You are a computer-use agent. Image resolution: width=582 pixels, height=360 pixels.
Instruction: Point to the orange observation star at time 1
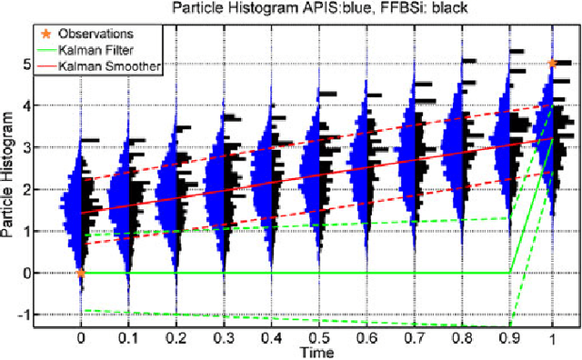(x=552, y=63)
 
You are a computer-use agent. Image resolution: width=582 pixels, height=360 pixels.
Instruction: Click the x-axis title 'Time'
(x=316, y=350)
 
